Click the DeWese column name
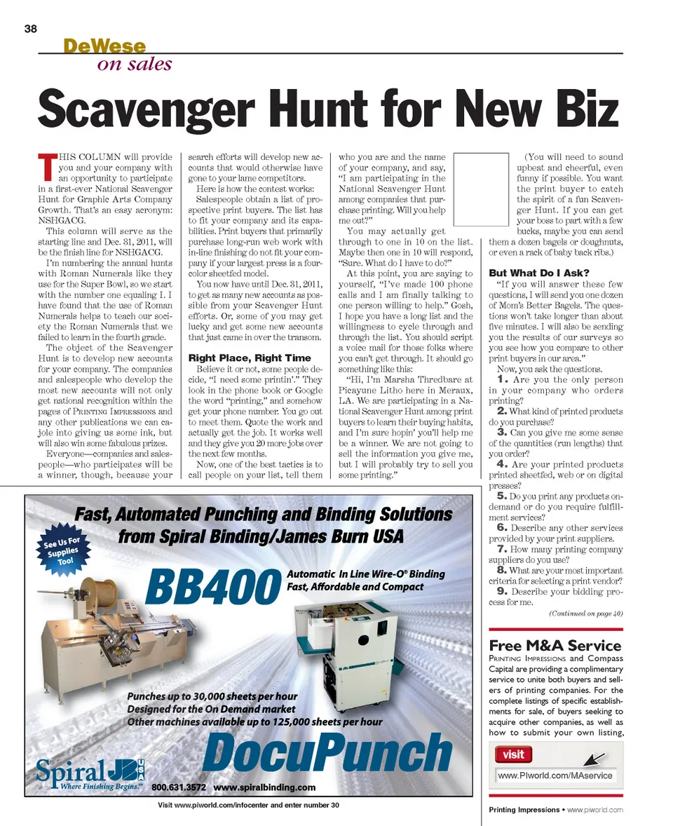tap(104, 46)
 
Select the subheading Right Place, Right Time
tap(250, 358)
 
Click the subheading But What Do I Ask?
tap(539, 273)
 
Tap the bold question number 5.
tap(502, 496)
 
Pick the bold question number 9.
tap(502, 590)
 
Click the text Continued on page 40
tap(585, 614)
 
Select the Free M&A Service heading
tap(555, 645)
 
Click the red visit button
tap(513, 754)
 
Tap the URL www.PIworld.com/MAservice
tap(555, 776)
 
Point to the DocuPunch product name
tap(329, 752)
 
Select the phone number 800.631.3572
tap(179, 787)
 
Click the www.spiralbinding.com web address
tap(264, 787)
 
